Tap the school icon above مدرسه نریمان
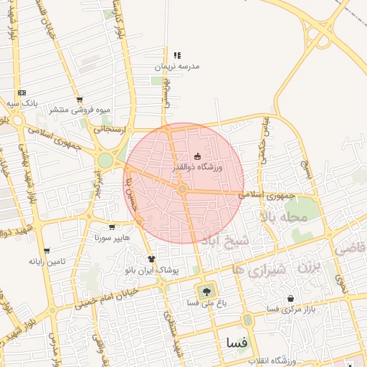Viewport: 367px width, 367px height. [x=177, y=55]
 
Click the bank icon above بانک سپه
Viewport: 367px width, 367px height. [x=22, y=92]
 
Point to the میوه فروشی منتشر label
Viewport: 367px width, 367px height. [x=79, y=110]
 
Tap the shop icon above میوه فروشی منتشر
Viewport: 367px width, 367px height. [x=79, y=100]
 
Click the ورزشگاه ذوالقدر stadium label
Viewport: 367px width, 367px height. [x=197, y=166]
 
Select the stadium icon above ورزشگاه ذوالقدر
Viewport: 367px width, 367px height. [x=197, y=156]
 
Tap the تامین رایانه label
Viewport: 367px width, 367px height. [x=47, y=261]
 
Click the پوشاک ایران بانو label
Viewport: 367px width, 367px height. [x=151, y=270]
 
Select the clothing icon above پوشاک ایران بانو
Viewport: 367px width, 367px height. [x=151, y=259]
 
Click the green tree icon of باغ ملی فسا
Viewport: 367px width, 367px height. [x=207, y=290]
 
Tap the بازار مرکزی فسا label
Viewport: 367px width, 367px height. [x=290, y=309]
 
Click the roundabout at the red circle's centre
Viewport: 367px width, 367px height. [x=183, y=189]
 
